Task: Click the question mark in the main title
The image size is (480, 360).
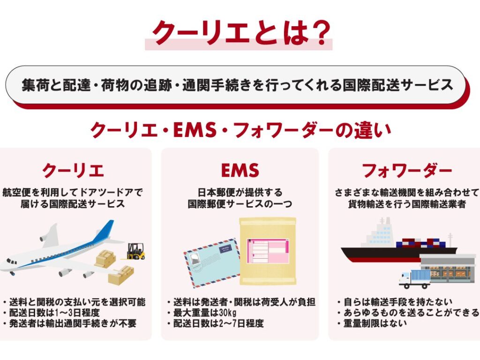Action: pyautogui.click(x=319, y=33)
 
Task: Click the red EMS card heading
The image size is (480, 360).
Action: pyautogui.click(x=240, y=170)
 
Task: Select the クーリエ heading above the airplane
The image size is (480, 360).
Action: pyautogui.click(x=73, y=171)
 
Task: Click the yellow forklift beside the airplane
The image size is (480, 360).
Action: pyautogui.click(x=135, y=251)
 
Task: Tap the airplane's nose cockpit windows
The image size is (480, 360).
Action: pyautogui.click(x=12, y=262)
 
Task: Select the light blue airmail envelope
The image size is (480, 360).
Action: pyautogui.click(x=212, y=262)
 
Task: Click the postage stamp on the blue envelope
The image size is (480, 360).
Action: pyautogui.click(x=195, y=259)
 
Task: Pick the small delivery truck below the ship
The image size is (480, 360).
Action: pyautogui.click(x=414, y=279)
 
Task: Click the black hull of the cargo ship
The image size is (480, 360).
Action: pyautogui.click(x=395, y=254)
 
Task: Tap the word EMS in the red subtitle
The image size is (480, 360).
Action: pyautogui.click(x=195, y=130)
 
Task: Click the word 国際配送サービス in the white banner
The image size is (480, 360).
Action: pyautogui.click(x=397, y=85)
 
